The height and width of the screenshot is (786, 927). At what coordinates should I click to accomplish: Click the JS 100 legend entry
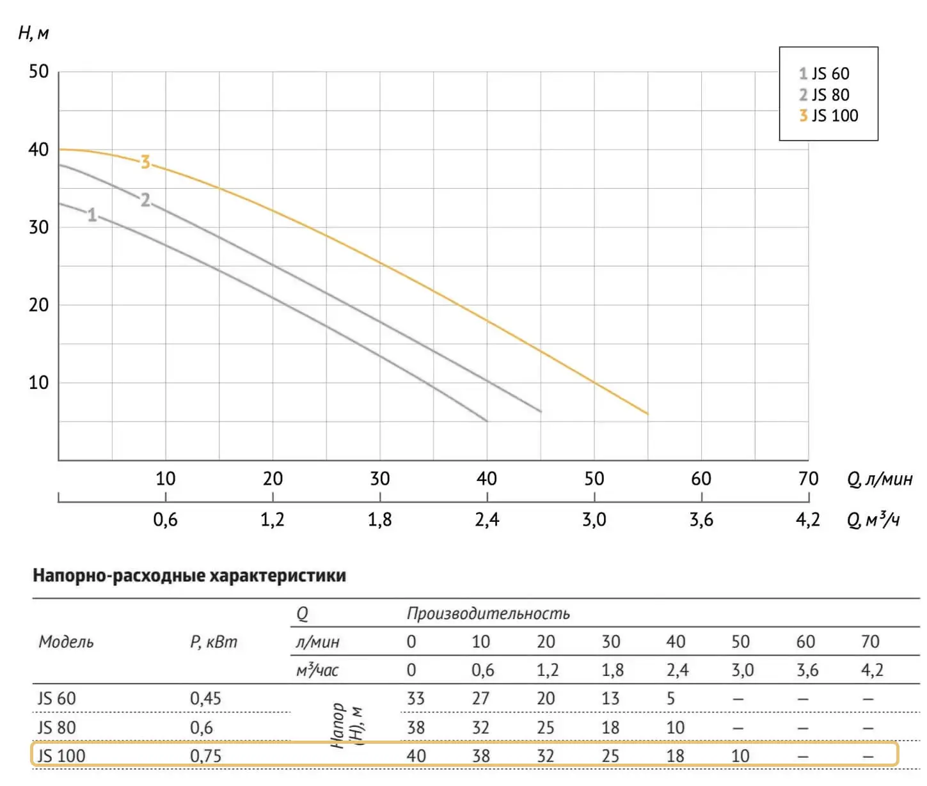pos(828,116)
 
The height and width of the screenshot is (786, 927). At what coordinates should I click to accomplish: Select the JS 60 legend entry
pos(824,74)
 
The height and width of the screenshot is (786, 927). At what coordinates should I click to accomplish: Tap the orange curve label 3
pos(145,162)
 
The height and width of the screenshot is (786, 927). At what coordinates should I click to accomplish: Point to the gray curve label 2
pos(145,200)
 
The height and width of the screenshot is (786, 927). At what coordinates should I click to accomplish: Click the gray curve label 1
pos(92,215)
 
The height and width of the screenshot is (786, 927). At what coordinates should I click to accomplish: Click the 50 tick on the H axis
pos(38,71)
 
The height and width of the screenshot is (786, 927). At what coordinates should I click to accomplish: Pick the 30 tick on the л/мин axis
pos(379,478)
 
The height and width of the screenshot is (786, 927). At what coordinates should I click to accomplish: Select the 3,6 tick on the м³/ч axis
pos(701,519)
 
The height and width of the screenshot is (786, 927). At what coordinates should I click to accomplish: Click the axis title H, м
pos(33,33)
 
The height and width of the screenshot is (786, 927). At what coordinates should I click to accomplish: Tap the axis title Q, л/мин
pos(879,479)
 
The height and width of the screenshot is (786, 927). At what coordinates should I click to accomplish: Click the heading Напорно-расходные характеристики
pos(189,576)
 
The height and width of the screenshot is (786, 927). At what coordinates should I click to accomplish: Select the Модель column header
pos(66,641)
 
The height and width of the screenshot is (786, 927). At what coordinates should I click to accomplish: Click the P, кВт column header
pos(214,641)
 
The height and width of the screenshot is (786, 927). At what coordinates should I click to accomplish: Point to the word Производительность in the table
pos(488,613)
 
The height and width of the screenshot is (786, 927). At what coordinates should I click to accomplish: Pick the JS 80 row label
pos(56,727)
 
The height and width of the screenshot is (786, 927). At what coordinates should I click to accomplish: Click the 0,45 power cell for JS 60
pos(205,698)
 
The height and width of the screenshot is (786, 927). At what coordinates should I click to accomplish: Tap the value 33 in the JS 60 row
pos(416,698)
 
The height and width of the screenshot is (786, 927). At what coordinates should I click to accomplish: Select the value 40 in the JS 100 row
pos(416,756)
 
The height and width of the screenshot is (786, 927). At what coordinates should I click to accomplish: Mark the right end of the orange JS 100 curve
pos(647,414)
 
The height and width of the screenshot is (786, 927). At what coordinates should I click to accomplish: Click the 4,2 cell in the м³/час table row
pos(871,670)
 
